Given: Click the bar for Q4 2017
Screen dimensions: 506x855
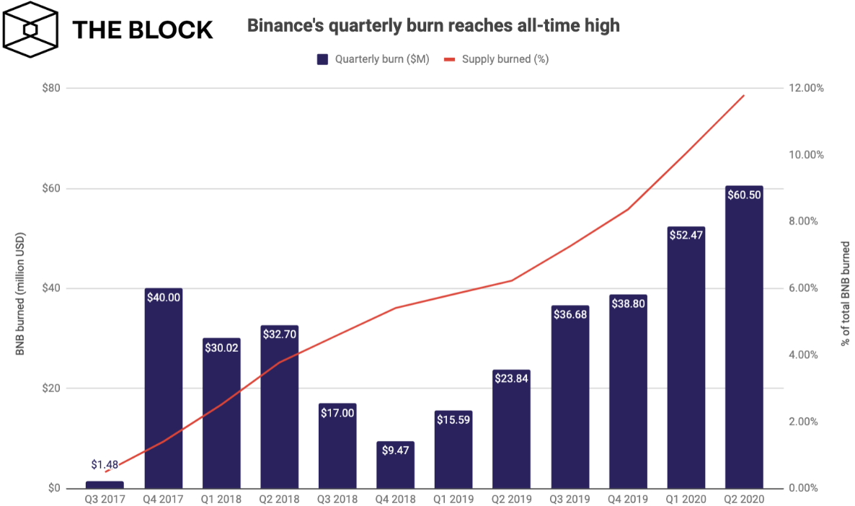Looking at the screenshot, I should [x=163, y=389].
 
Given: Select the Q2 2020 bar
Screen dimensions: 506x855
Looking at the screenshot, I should [x=744, y=339].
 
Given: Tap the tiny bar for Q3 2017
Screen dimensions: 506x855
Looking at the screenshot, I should [x=105, y=484].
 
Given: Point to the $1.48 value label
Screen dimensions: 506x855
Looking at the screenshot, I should [x=105, y=465].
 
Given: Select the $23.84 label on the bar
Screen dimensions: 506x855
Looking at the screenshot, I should [x=511, y=378].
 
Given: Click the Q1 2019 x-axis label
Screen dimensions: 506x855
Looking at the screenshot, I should [x=453, y=499].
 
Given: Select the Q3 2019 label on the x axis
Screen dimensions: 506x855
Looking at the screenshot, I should [x=570, y=499].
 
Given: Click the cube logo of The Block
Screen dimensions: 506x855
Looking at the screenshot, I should [x=31, y=29].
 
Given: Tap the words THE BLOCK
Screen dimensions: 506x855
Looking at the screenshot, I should [x=142, y=30].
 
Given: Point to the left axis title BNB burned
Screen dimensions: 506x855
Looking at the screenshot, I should [x=21, y=295].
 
